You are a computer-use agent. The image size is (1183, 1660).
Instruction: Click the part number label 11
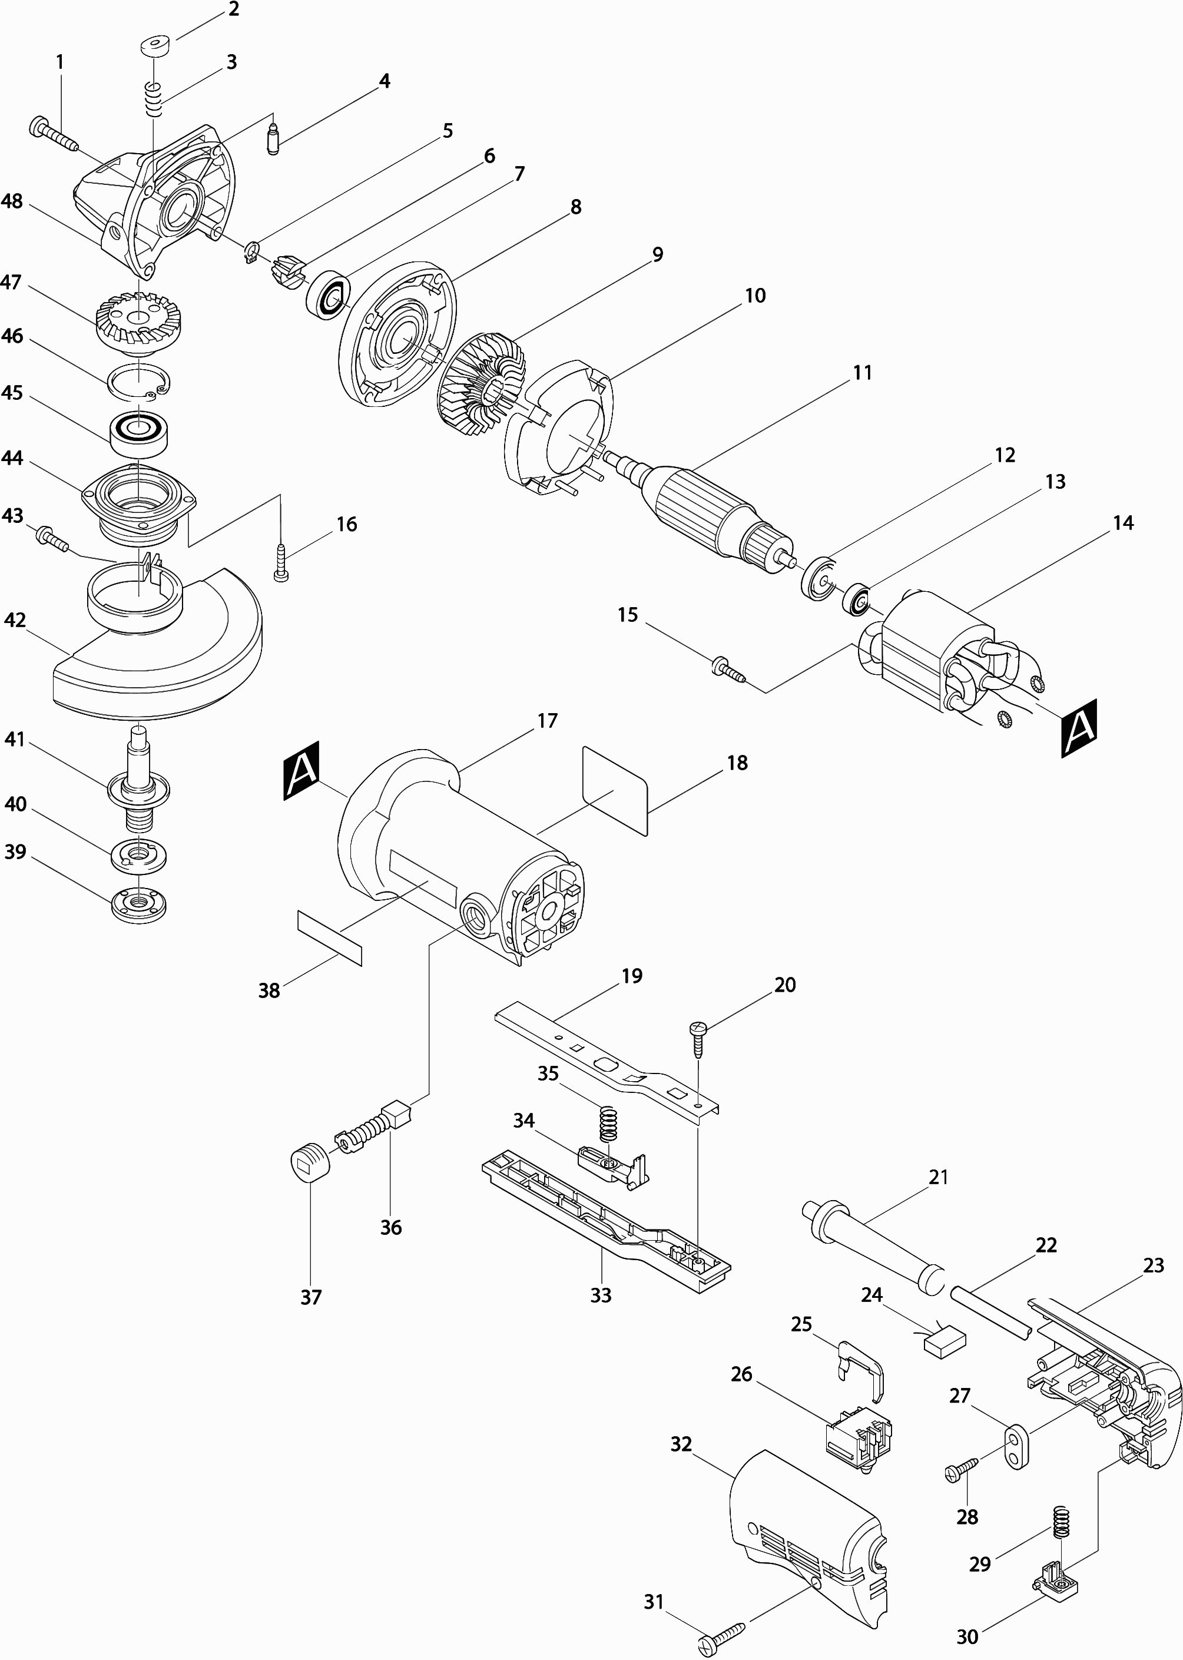(863, 373)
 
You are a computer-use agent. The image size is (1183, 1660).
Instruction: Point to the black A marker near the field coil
(1079, 728)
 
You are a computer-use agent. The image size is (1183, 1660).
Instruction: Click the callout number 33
(601, 1295)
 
